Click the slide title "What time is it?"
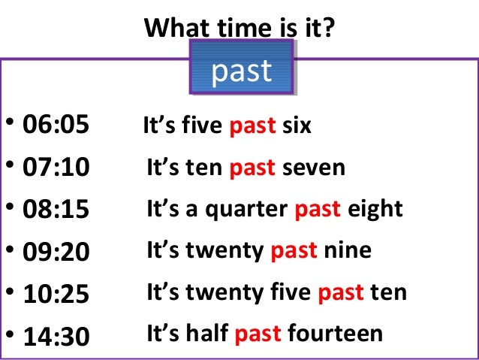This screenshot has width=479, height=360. click(x=239, y=29)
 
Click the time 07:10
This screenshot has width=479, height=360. click(x=56, y=168)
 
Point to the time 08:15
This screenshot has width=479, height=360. click(x=56, y=210)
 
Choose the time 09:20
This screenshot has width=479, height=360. click(x=56, y=252)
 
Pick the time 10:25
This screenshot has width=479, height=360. click(x=56, y=294)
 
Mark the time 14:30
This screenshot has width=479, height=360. click(x=56, y=336)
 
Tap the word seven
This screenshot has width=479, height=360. click(x=314, y=167)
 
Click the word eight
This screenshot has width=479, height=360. click(x=375, y=209)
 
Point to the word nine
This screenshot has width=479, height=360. click(x=348, y=250)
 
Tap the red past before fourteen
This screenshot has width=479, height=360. click(x=258, y=333)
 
